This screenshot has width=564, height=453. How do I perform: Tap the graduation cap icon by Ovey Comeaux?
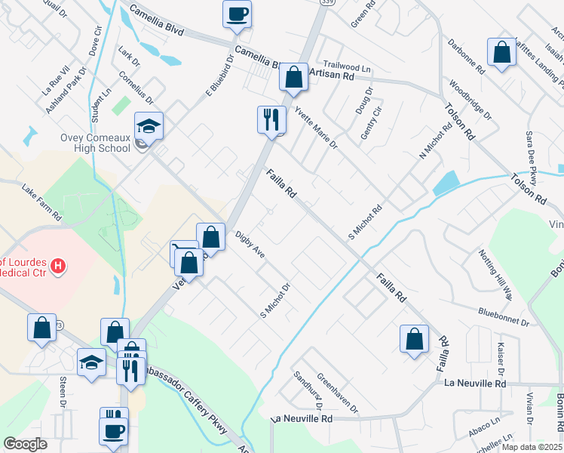tap(149, 125)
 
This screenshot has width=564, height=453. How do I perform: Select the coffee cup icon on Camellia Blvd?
tap(237, 14)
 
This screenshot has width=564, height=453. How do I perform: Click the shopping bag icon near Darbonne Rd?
tap(501, 52)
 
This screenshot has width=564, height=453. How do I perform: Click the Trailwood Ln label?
tap(347, 68)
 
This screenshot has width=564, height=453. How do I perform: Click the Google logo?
tap(26, 443)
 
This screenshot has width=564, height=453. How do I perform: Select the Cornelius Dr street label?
tap(136, 88)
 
